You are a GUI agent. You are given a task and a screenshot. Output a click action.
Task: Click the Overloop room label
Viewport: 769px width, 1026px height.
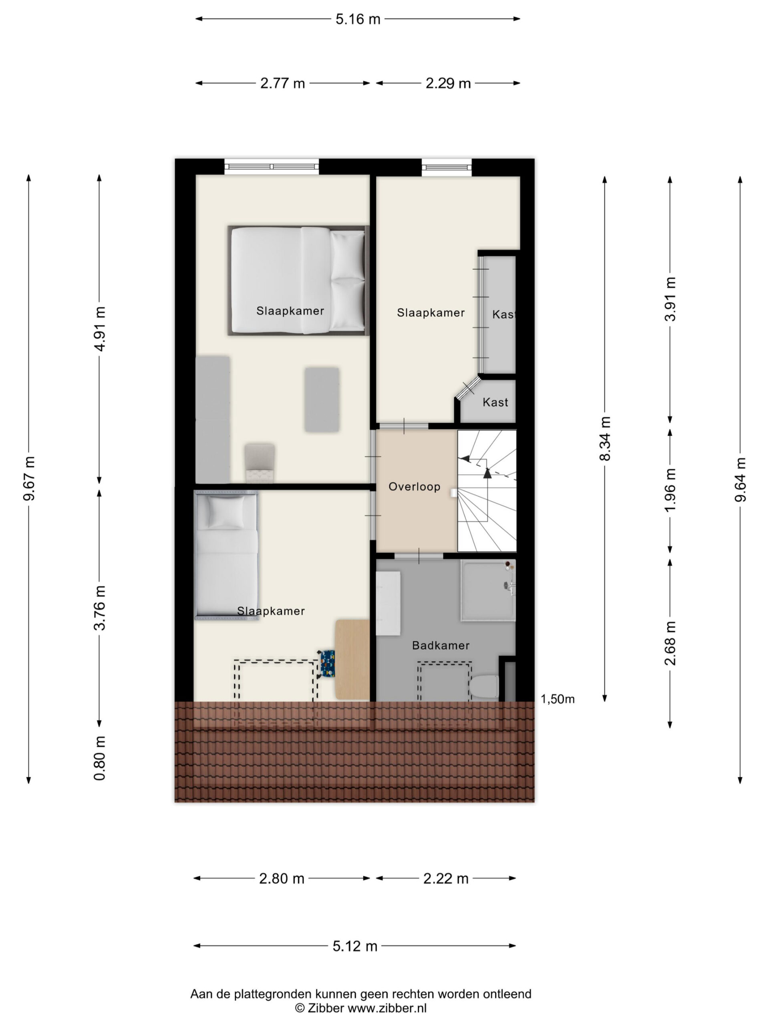point(414,487)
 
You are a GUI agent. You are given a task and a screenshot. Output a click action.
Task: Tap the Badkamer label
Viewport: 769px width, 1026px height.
point(440,645)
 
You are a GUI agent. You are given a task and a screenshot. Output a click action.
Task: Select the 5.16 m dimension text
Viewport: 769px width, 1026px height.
point(358,19)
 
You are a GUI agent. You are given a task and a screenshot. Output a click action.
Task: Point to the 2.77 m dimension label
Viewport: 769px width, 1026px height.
point(282,83)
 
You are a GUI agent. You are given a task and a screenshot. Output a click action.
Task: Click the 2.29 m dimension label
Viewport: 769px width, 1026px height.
point(448,83)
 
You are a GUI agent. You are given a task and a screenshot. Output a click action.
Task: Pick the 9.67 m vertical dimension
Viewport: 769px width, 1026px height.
point(29,478)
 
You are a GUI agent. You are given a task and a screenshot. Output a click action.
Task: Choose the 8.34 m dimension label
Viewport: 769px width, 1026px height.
point(605,438)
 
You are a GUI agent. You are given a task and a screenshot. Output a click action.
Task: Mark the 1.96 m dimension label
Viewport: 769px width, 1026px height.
point(670,490)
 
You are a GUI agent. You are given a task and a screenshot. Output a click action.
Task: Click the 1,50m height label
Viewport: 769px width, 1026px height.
point(558,699)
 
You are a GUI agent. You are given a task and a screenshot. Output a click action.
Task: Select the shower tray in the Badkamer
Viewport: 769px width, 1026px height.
point(488,590)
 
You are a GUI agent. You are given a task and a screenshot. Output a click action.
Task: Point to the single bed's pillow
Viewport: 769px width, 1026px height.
point(226,512)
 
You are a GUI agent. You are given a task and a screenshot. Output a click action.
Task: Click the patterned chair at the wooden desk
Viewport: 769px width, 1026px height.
point(327,664)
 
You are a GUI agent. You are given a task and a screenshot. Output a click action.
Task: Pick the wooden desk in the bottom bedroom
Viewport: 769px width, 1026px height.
point(352,659)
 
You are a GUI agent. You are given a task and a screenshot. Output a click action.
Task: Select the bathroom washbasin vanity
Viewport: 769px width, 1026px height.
point(388,603)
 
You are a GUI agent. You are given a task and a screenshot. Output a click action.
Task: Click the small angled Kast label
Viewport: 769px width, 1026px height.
point(495,402)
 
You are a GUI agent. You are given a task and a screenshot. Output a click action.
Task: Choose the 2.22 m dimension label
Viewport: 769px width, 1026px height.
point(445,879)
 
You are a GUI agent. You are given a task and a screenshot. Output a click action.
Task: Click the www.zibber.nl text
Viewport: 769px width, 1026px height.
point(387,1008)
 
